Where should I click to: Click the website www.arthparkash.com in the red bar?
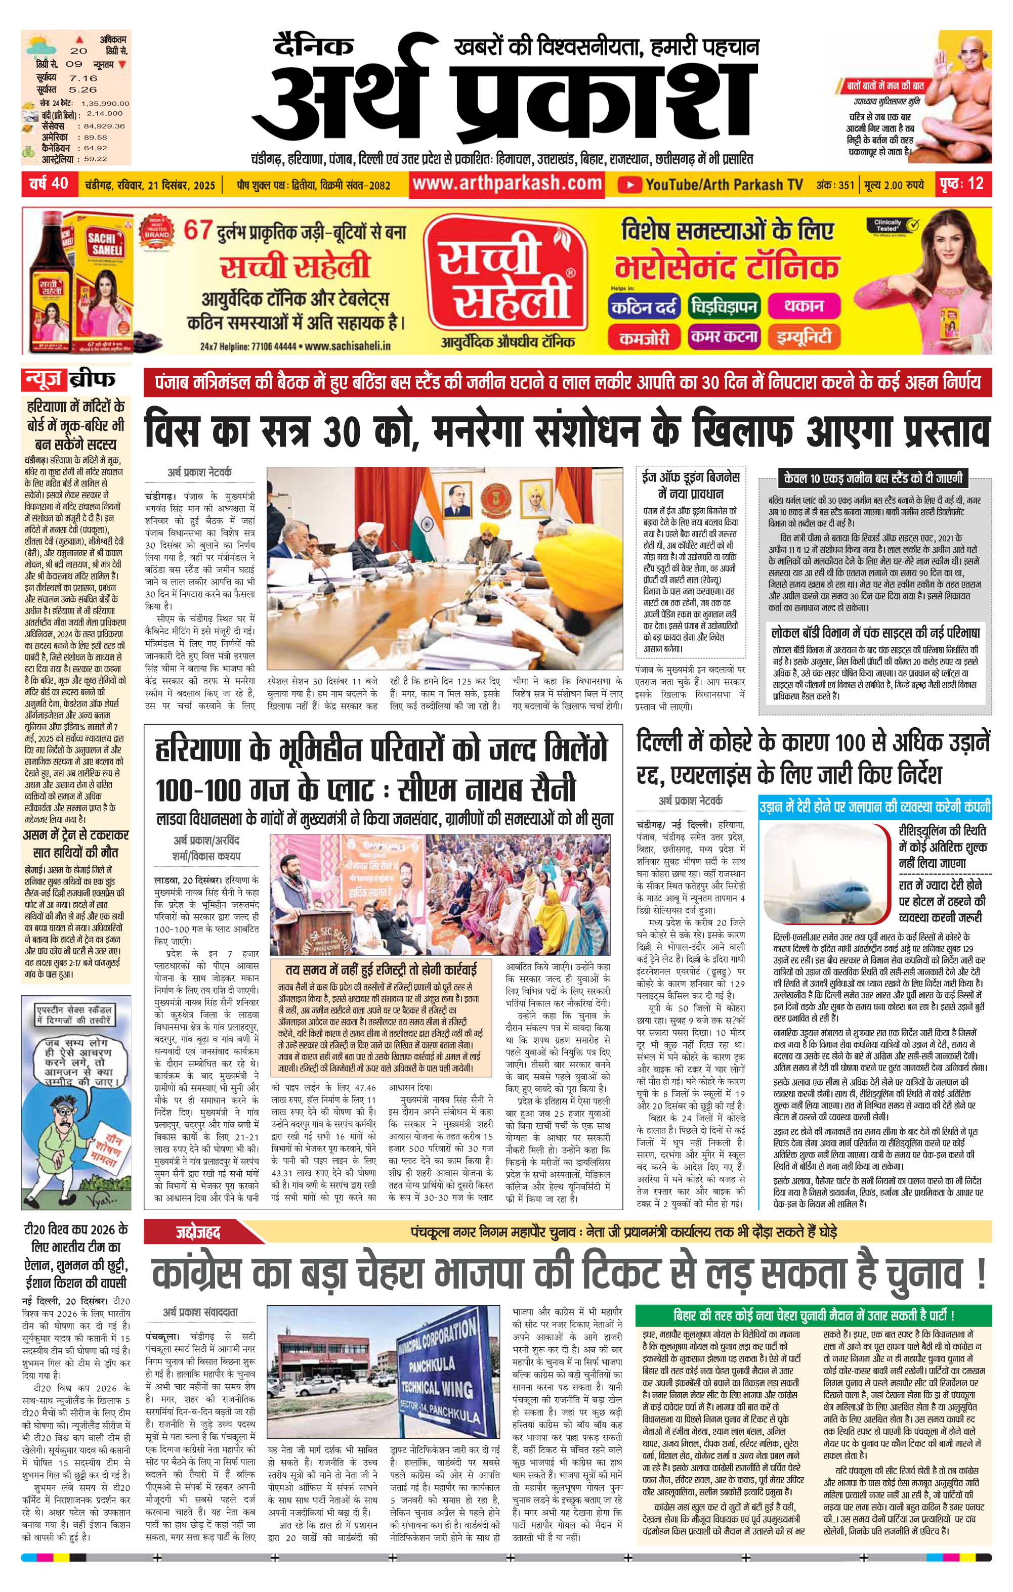click(507, 183)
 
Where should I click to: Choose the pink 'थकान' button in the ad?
click(803, 306)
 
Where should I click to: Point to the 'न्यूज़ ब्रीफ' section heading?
click(69, 379)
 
